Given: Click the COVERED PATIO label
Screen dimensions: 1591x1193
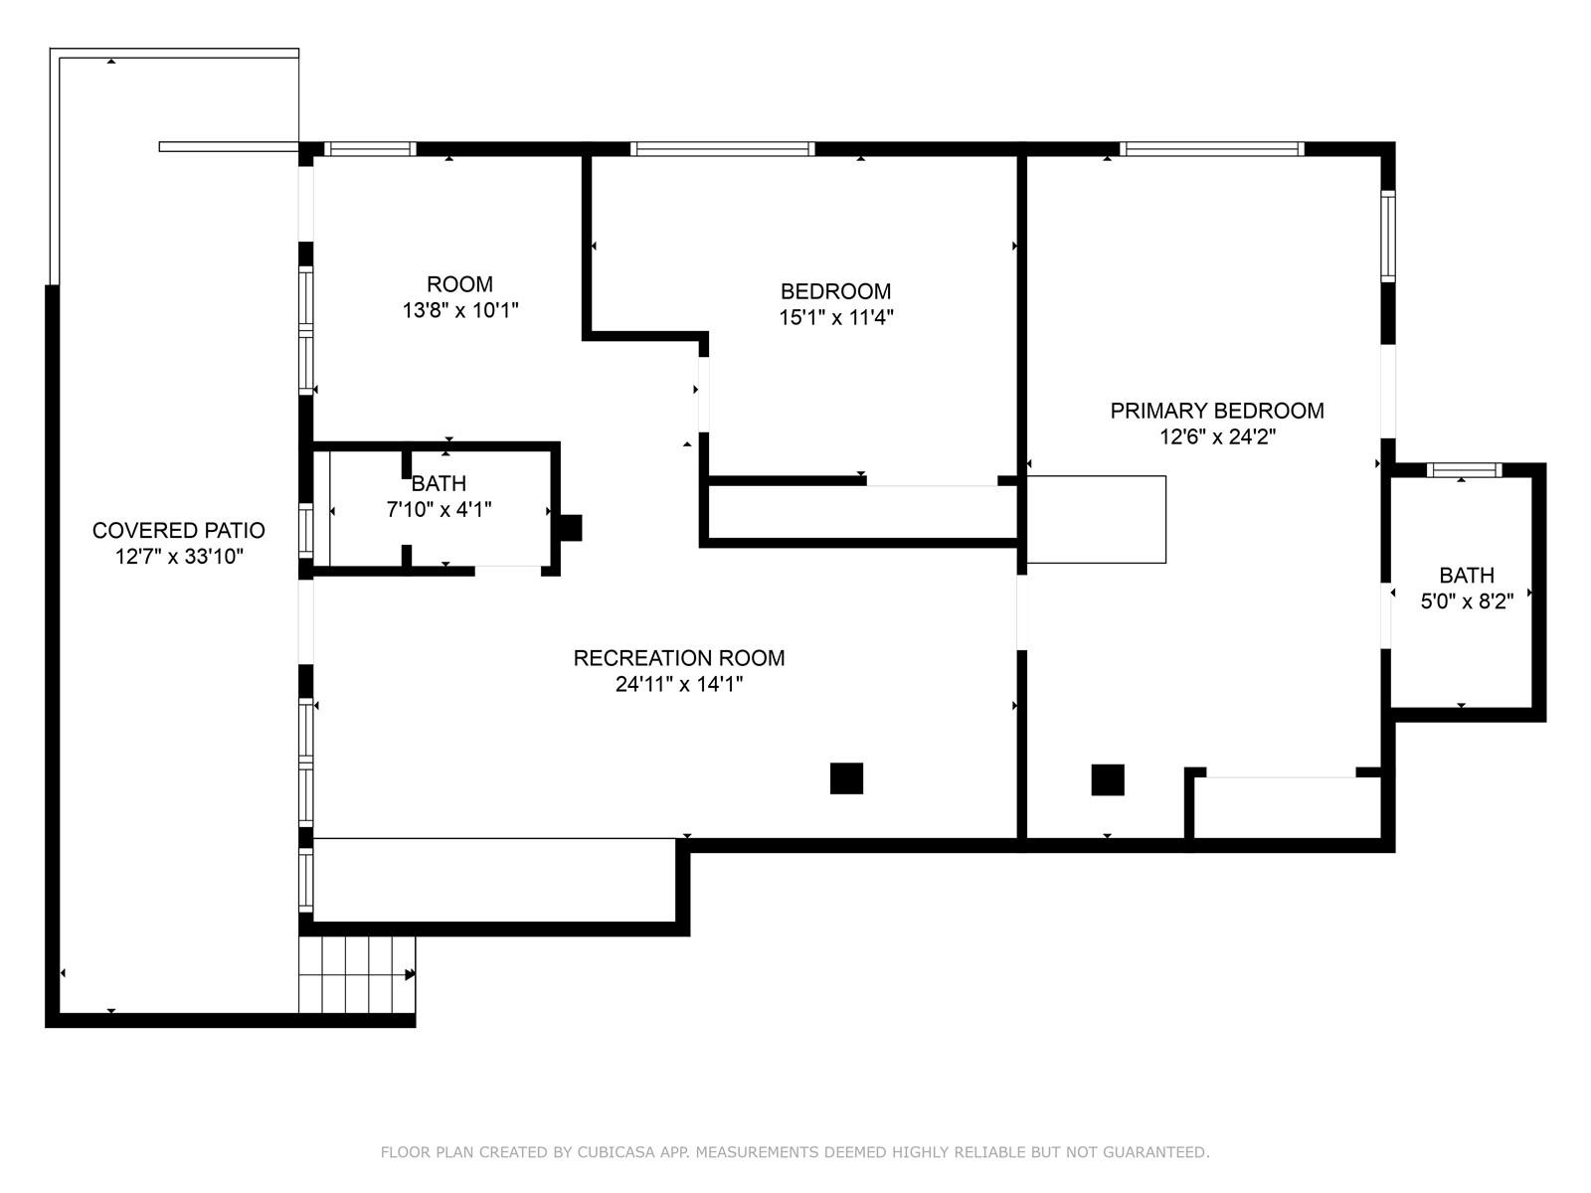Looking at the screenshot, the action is [178, 530].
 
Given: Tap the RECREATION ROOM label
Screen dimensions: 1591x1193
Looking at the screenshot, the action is [678, 658].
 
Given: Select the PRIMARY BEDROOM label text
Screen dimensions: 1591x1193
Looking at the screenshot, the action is [1217, 411].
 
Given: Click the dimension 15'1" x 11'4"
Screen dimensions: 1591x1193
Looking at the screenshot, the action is [835, 317].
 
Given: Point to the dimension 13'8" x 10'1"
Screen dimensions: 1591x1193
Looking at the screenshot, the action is [460, 310].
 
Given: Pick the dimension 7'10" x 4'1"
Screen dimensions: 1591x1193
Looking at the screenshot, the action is [439, 509].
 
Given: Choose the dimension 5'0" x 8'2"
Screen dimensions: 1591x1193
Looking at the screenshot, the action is [1467, 601].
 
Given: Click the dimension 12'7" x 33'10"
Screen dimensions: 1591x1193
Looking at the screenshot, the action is [178, 557].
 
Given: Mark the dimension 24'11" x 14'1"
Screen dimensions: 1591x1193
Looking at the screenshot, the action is [678, 684].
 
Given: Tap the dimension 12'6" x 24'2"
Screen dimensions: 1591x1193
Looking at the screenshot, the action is [1217, 436].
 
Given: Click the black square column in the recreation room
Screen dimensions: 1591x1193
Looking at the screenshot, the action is [846, 778].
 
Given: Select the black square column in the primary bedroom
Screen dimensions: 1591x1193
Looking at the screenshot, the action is [1108, 780].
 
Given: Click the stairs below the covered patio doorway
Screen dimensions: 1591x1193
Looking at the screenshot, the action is [357, 974].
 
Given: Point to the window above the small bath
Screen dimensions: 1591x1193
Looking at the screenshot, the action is [1464, 470].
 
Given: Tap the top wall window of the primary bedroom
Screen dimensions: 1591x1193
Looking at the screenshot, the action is [1211, 149].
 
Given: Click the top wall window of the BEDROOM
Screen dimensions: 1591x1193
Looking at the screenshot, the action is [722, 149].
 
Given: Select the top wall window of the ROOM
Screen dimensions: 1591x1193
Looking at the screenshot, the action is [370, 149].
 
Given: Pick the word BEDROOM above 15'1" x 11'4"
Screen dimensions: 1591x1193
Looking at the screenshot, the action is [835, 291].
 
